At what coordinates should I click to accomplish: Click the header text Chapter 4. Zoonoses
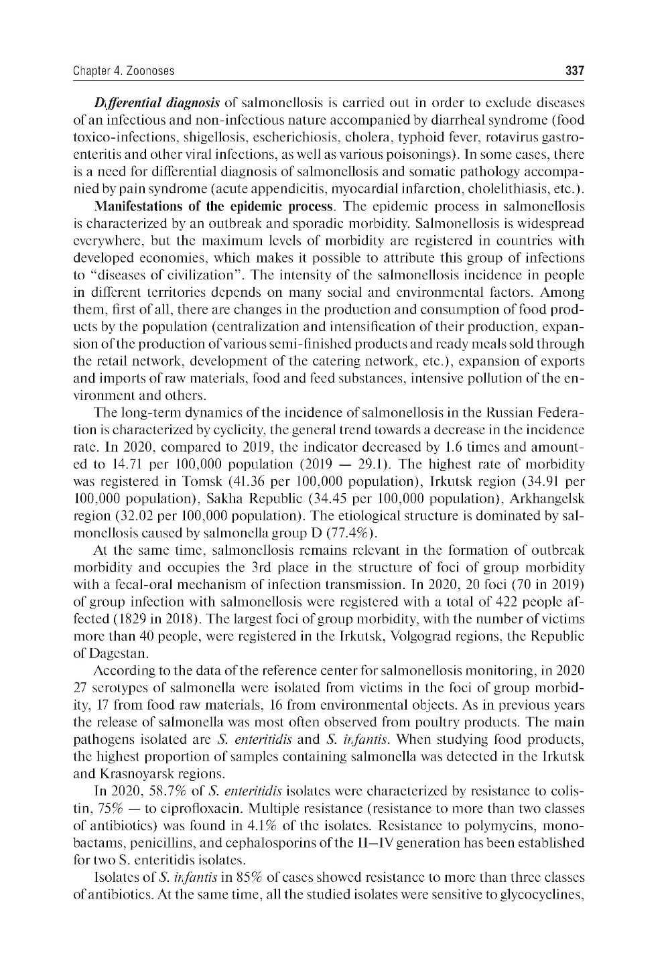coord(123,70)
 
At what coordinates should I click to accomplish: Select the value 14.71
coord(112,464)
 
